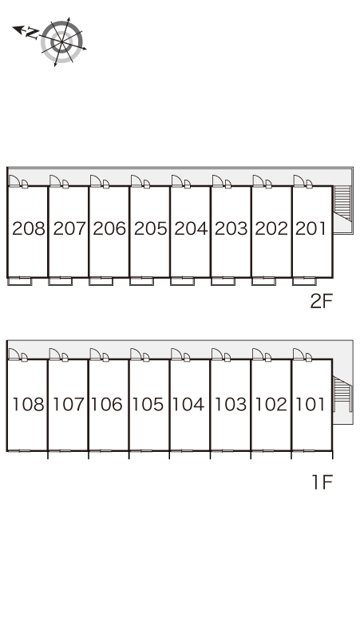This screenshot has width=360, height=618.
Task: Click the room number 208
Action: [x=29, y=228]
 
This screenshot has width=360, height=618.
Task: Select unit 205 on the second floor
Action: [x=150, y=228]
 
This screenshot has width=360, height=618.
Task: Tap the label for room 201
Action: [x=311, y=228]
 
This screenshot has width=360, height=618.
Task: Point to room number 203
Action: [x=231, y=228]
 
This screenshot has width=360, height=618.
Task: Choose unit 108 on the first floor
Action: [x=29, y=404]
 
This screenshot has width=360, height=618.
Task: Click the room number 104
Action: [x=188, y=404]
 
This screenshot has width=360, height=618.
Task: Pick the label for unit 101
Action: [x=310, y=404]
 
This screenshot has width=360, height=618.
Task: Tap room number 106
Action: [x=108, y=404]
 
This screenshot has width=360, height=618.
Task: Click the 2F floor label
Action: [x=322, y=302]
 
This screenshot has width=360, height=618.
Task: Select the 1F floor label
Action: [x=322, y=482]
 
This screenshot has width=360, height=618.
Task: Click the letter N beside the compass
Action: [x=31, y=33]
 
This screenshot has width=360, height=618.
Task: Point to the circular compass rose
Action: [x=61, y=42]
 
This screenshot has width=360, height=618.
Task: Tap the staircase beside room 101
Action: [x=342, y=394]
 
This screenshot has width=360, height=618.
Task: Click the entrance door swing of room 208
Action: [x=14, y=180]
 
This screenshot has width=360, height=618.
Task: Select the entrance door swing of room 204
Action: [x=177, y=180]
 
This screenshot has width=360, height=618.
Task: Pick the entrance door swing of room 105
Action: [x=136, y=354]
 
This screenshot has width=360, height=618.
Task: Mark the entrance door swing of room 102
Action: [x=258, y=354]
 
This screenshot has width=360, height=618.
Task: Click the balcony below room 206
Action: [x=101, y=281]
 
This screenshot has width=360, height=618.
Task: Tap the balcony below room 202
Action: [x=263, y=281]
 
